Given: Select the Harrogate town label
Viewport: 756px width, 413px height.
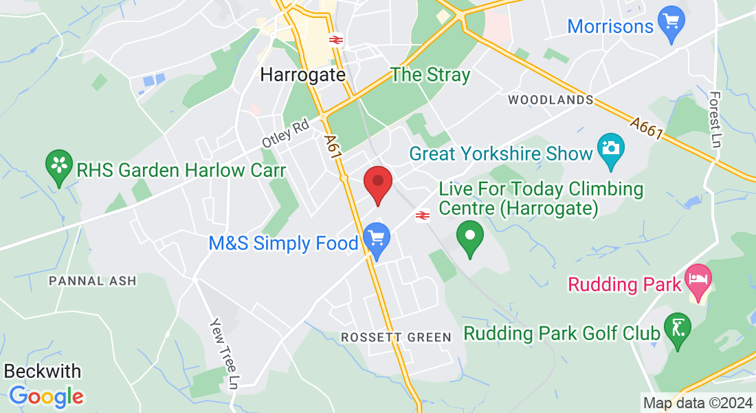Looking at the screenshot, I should [x=302, y=74].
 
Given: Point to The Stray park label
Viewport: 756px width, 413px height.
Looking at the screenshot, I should [x=430, y=75].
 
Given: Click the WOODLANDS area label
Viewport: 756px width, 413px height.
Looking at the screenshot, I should [x=551, y=100].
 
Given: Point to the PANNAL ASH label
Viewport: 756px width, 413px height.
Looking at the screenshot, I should [x=93, y=281].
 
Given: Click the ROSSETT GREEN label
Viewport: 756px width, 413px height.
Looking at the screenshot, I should [x=397, y=337].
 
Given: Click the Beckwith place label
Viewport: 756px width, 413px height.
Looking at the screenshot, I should [x=43, y=372].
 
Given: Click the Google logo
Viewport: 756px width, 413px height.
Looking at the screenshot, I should [x=46, y=396].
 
